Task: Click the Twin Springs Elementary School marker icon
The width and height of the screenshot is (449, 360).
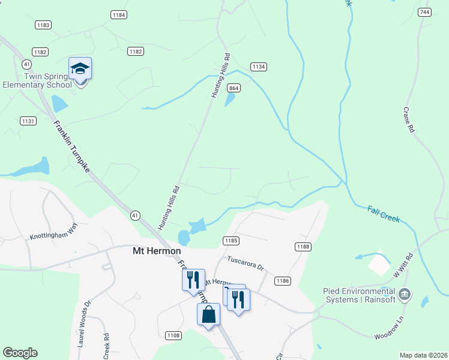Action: (80, 70)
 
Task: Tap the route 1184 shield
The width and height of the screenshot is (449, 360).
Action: (119, 14)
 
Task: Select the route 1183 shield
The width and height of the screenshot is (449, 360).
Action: (43, 25)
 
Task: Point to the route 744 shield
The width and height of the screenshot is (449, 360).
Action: (425, 12)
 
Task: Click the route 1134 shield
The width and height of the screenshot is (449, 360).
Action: (259, 67)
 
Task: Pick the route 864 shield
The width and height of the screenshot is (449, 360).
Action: (234, 88)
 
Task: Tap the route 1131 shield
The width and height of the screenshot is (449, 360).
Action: (28, 121)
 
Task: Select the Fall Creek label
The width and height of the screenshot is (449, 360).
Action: (384, 214)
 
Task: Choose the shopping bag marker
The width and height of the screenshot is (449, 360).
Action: (208, 314)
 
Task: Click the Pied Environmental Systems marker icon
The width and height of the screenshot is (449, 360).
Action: (405, 294)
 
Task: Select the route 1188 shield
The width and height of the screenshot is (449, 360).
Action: (303, 247)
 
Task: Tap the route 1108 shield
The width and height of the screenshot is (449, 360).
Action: (173, 335)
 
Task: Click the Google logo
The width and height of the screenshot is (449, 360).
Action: (20, 353)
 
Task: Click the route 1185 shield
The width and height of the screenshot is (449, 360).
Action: (231, 241)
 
